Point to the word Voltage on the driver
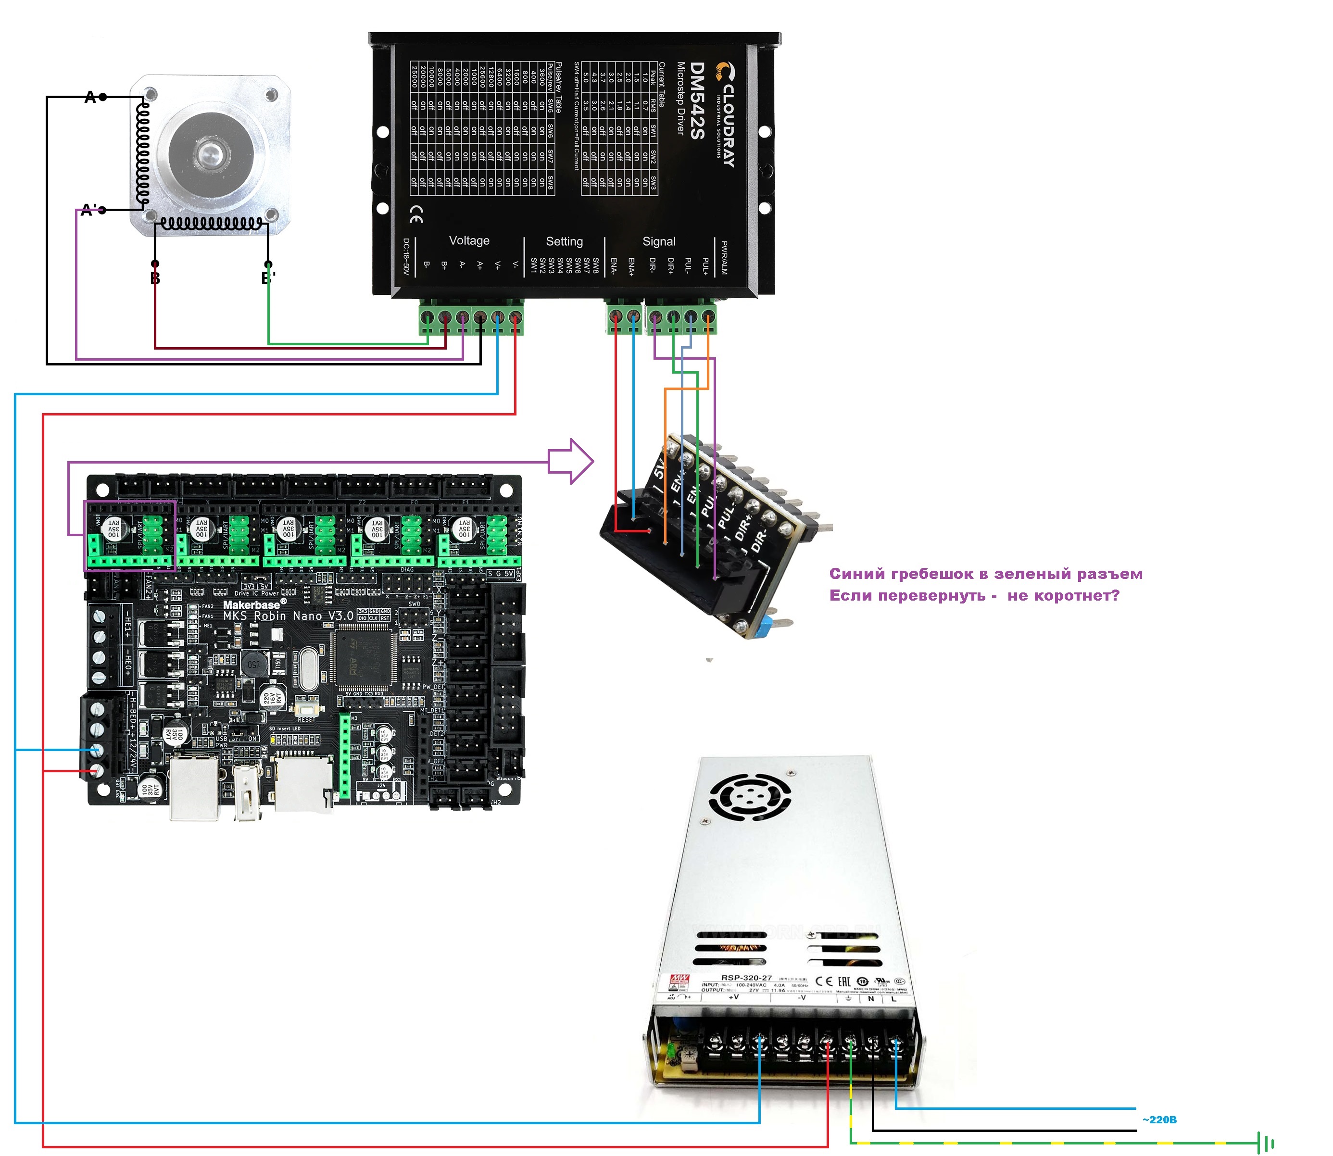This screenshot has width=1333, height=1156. coord(469,240)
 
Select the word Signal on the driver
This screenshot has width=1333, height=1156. coord(659,241)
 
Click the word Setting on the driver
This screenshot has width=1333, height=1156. coord(564,241)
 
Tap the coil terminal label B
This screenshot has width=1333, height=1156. coord(155,279)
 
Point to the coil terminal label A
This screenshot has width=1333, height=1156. coord(90,98)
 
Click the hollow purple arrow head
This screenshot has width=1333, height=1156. coord(578,461)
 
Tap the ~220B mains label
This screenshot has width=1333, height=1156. coord(1159,1119)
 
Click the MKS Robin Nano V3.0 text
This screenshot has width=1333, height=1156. coord(288,616)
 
